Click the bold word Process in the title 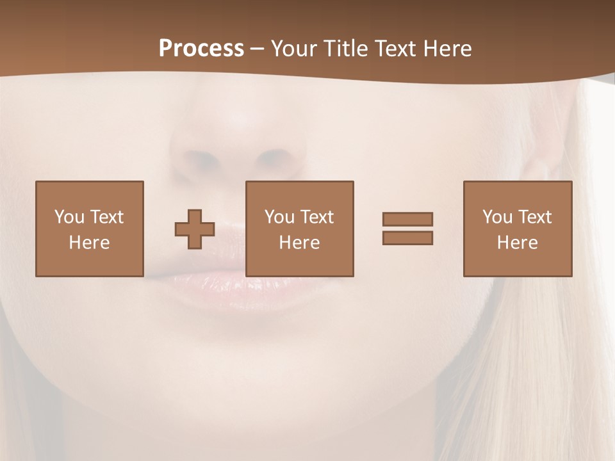point(201,49)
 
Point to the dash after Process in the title point(258,49)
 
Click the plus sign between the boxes point(195,229)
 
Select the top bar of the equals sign point(407,219)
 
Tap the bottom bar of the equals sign point(407,238)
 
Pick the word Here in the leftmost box point(89,243)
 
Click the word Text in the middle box point(316,217)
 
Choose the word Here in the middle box point(299,243)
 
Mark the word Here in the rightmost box point(517,243)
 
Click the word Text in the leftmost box point(106,217)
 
